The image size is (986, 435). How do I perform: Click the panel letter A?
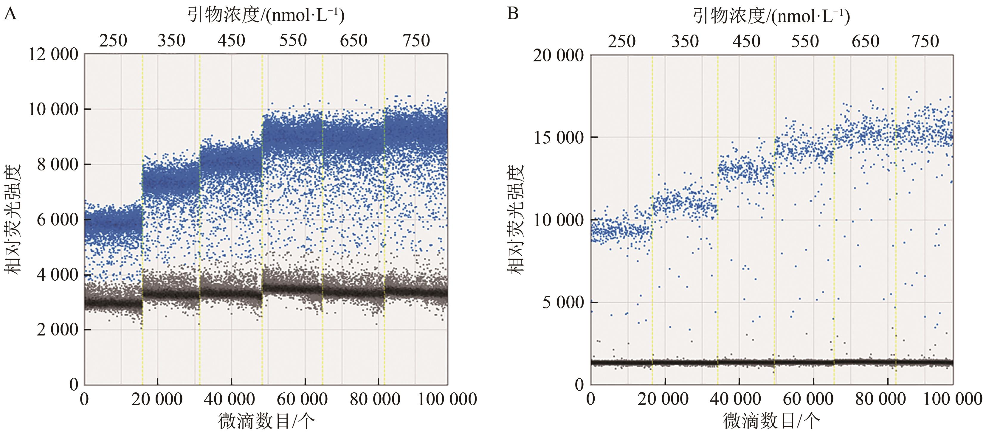[10, 15]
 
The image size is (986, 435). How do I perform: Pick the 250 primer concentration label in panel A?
[113, 41]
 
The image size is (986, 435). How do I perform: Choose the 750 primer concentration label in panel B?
[925, 41]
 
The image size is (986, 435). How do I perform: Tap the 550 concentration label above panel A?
[293, 41]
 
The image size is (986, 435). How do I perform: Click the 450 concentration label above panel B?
[746, 41]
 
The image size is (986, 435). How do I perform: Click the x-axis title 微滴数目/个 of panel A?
[266, 421]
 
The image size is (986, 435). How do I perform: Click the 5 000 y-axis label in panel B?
[563, 302]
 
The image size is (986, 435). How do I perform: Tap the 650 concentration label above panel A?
[354, 41]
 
